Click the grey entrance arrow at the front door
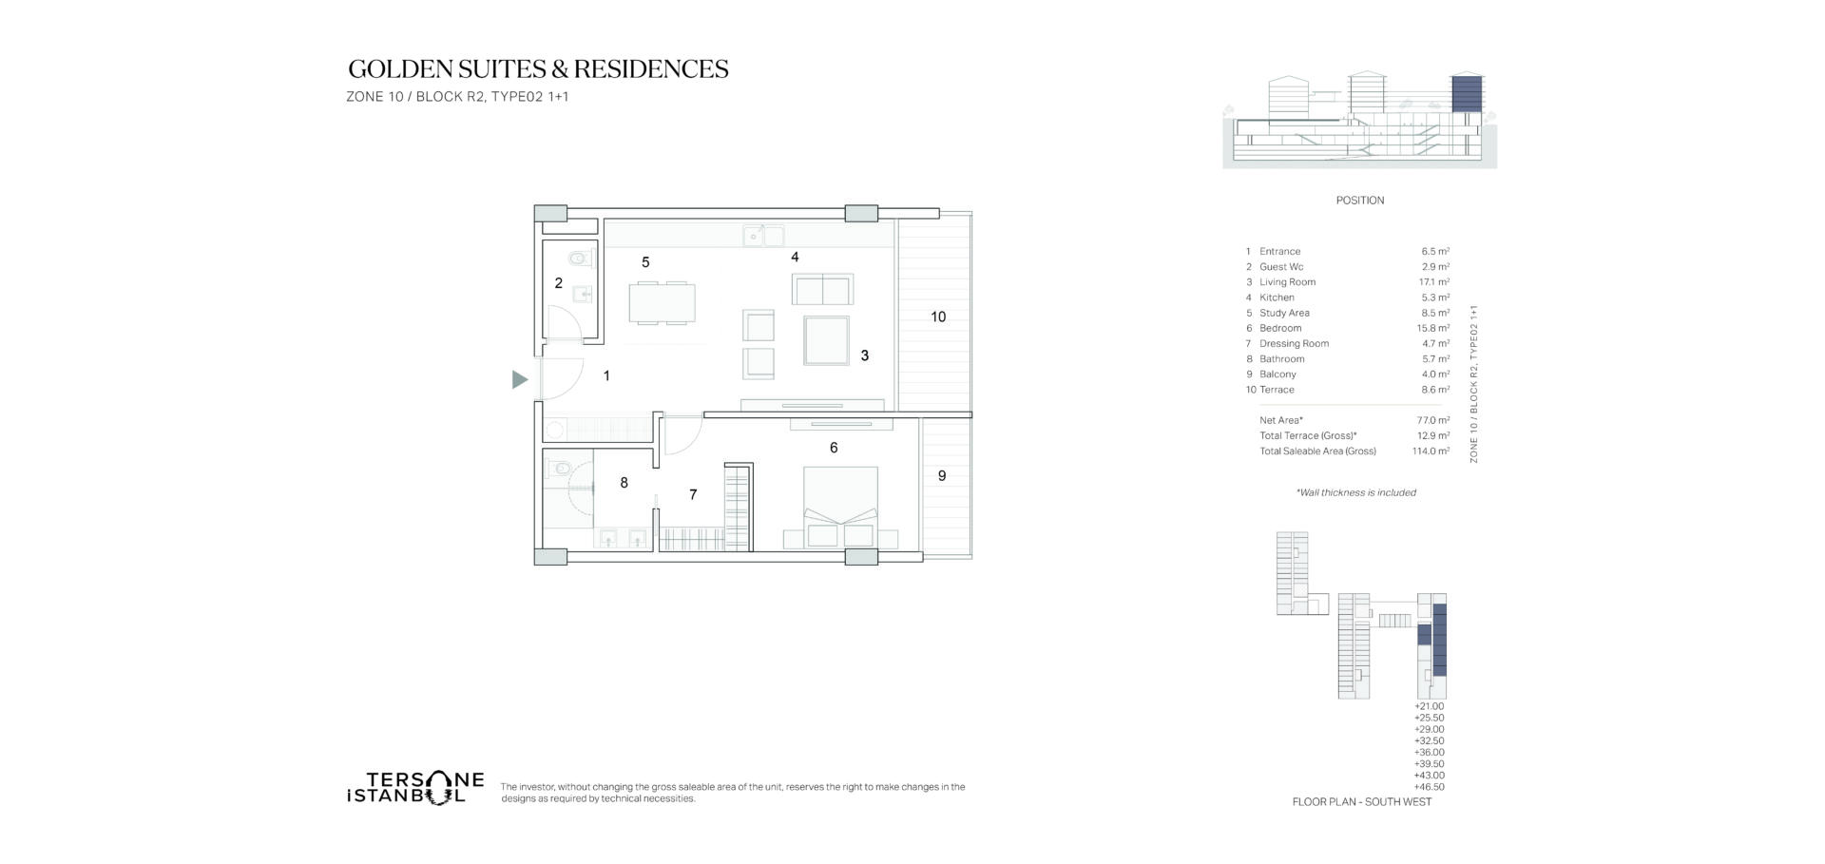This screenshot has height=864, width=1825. pos(519,379)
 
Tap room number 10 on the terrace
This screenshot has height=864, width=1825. pos(938,317)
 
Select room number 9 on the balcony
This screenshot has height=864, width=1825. pos(942,475)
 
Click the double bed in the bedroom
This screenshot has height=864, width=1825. pos(840,507)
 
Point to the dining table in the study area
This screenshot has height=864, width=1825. pos(662,303)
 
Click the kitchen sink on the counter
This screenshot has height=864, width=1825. pos(764,235)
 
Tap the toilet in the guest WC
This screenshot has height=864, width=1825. pos(579,258)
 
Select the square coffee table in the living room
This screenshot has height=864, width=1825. pos(826,339)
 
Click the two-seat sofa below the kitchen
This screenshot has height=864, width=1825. pos(822,289)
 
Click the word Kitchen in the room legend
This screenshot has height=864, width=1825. pos(1277,298)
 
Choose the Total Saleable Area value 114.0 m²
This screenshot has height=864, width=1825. pos(1431,451)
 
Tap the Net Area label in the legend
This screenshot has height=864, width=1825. pos(1281,420)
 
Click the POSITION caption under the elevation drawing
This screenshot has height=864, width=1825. pos(1360,201)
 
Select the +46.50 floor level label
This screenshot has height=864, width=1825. pos(1430,787)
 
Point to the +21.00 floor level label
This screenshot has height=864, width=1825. pos(1430,706)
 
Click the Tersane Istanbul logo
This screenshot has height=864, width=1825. pos(415,788)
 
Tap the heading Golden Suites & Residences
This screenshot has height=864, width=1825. pos(538,68)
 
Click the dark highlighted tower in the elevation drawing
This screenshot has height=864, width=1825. pos(1467,93)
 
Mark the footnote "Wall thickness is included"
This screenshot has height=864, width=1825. pos(1356,492)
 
